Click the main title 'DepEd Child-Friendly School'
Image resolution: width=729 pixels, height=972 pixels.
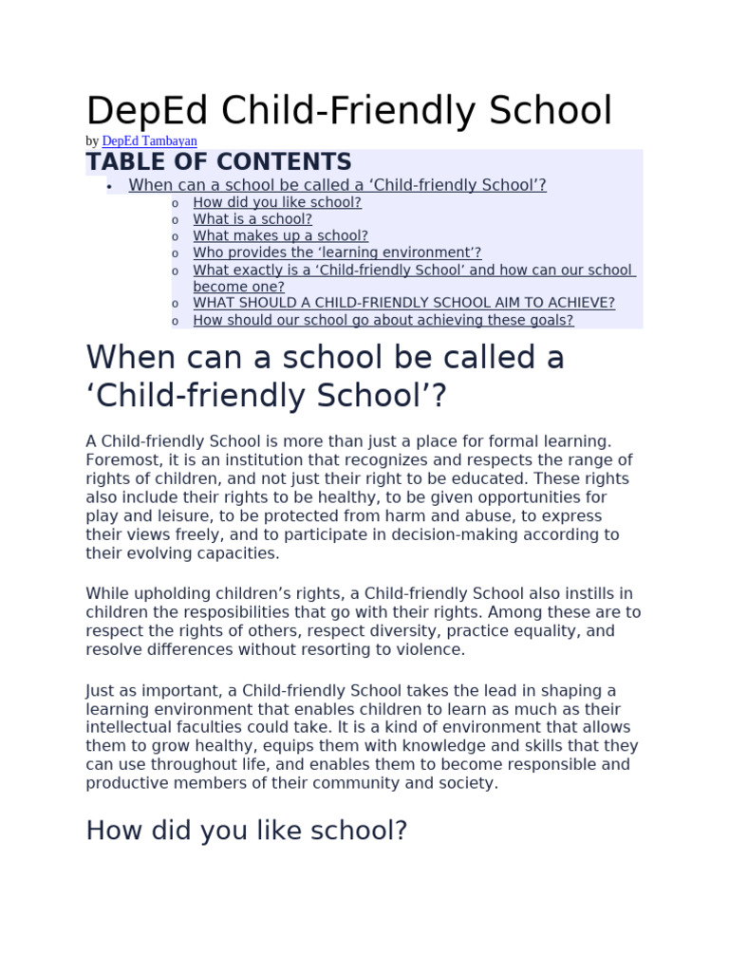[349, 111]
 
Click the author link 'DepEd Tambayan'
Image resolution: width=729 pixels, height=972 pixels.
[149, 141]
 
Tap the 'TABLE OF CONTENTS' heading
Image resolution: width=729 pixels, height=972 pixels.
[218, 162]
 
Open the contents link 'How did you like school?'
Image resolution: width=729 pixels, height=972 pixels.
[277, 202]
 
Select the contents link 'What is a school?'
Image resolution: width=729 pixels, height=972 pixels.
[252, 219]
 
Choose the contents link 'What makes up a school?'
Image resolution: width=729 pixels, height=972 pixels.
[280, 236]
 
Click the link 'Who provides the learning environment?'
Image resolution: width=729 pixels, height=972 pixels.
[337, 252]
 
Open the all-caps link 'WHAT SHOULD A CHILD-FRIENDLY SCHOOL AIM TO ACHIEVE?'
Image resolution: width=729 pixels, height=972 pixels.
[403, 303]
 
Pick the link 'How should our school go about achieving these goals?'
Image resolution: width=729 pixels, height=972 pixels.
[383, 320]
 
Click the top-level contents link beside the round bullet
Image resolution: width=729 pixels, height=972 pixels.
[337, 185]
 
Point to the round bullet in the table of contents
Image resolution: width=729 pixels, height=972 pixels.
[110, 186]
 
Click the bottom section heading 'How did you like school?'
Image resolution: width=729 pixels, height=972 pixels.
[246, 831]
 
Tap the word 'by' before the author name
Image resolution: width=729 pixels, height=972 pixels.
[92, 141]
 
